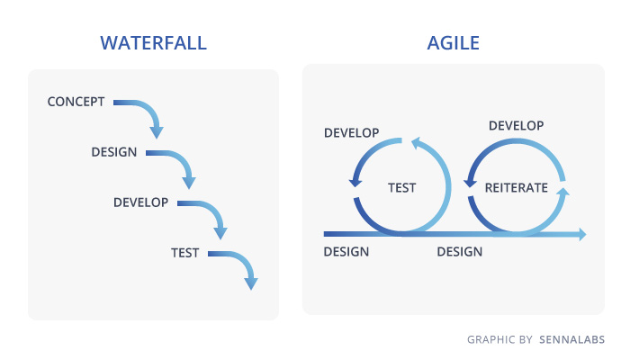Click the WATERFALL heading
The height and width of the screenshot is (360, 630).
click(x=154, y=43)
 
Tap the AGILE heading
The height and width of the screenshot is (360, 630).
click(x=454, y=43)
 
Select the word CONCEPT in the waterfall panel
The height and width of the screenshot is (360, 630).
click(x=76, y=102)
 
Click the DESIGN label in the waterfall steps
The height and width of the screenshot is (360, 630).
click(x=114, y=152)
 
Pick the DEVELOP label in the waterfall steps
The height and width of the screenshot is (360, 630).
click(x=140, y=202)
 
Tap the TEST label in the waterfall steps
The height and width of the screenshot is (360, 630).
click(x=184, y=253)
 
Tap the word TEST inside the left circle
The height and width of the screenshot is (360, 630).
click(x=401, y=187)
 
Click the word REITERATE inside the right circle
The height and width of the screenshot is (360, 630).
click(x=517, y=187)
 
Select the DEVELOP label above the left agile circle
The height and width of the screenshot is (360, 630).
click(x=352, y=132)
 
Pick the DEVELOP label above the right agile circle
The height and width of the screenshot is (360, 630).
click(x=517, y=125)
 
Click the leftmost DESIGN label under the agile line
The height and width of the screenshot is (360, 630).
click(x=346, y=251)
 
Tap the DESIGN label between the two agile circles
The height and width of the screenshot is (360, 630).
click(x=460, y=251)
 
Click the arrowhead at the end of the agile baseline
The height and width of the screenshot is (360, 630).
click(x=582, y=234)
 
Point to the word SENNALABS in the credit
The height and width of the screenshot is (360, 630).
click(x=571, y=339)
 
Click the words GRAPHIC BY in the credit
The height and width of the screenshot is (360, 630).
click(x=499, y=339)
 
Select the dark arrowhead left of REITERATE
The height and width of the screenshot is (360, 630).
click(x=470, y=183)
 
